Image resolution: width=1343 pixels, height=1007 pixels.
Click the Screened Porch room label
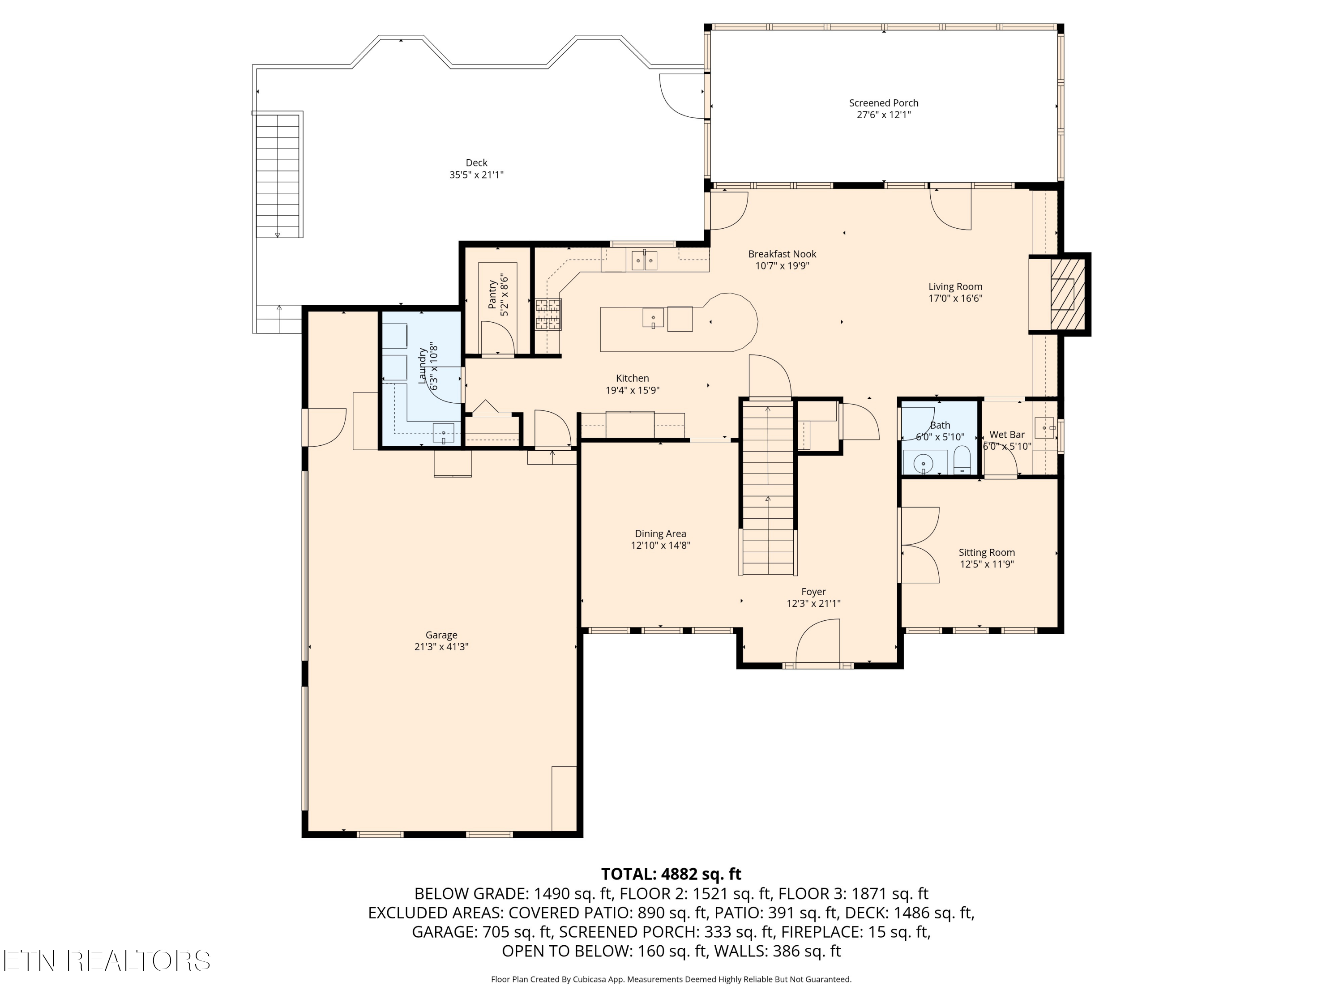[x=883, y=103]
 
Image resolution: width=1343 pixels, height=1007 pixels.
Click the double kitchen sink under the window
[x=644, y=260]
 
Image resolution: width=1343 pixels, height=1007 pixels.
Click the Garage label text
[x=441, y=635]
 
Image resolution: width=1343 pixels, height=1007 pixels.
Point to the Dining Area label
[x=661, y=533]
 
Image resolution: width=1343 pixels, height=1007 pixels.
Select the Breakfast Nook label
[x=782, y=254]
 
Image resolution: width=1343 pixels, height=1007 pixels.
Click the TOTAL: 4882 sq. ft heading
[x=671, y=874]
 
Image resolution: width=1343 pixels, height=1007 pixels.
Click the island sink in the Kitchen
[x=653, y=317]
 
